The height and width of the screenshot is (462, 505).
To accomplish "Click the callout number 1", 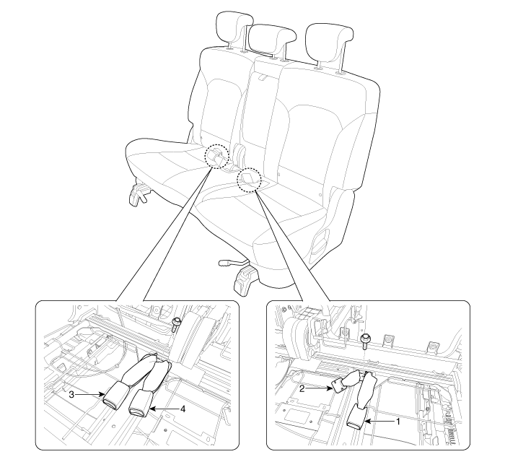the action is tap(398, 421).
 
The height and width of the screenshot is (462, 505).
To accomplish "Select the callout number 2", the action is tap(302, 388).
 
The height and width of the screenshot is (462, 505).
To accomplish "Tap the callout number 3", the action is tap(71, 394).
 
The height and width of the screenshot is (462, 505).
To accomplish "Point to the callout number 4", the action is tap(183, 409).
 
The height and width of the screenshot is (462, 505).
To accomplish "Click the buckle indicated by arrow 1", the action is tap(356, 417).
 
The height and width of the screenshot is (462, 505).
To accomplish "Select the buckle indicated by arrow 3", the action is tap(115, 396).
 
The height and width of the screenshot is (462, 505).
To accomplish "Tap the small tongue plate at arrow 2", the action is tap(338, 385).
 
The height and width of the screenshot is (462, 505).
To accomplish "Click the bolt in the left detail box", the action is tap(176, 324).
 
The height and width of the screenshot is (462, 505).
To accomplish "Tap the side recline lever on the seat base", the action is tap(320, 241).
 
